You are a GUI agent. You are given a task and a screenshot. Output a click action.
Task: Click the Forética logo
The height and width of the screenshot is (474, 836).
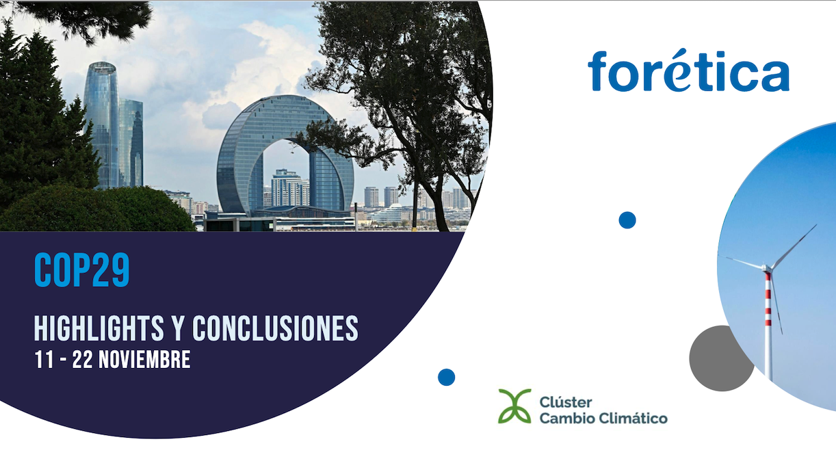[688, 71]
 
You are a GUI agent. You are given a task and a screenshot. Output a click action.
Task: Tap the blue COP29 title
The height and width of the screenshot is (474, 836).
[81, 271]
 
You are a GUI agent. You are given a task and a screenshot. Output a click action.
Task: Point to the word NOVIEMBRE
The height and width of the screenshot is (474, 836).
[144, 360]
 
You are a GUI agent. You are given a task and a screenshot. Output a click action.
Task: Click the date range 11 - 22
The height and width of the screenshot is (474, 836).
[62, 360]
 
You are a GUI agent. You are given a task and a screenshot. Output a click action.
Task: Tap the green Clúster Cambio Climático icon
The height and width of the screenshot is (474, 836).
[514, 406]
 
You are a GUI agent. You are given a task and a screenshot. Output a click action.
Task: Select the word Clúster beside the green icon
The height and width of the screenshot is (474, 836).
[566, 401]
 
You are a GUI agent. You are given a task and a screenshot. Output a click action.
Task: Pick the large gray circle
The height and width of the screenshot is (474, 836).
[720, 358]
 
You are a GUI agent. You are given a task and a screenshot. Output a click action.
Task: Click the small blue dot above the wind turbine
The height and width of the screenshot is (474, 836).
[627, 220]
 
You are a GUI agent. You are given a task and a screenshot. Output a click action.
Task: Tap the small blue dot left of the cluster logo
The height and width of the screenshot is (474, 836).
[446, 377]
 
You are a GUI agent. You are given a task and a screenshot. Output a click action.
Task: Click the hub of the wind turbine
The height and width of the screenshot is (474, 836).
[769, 267]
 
